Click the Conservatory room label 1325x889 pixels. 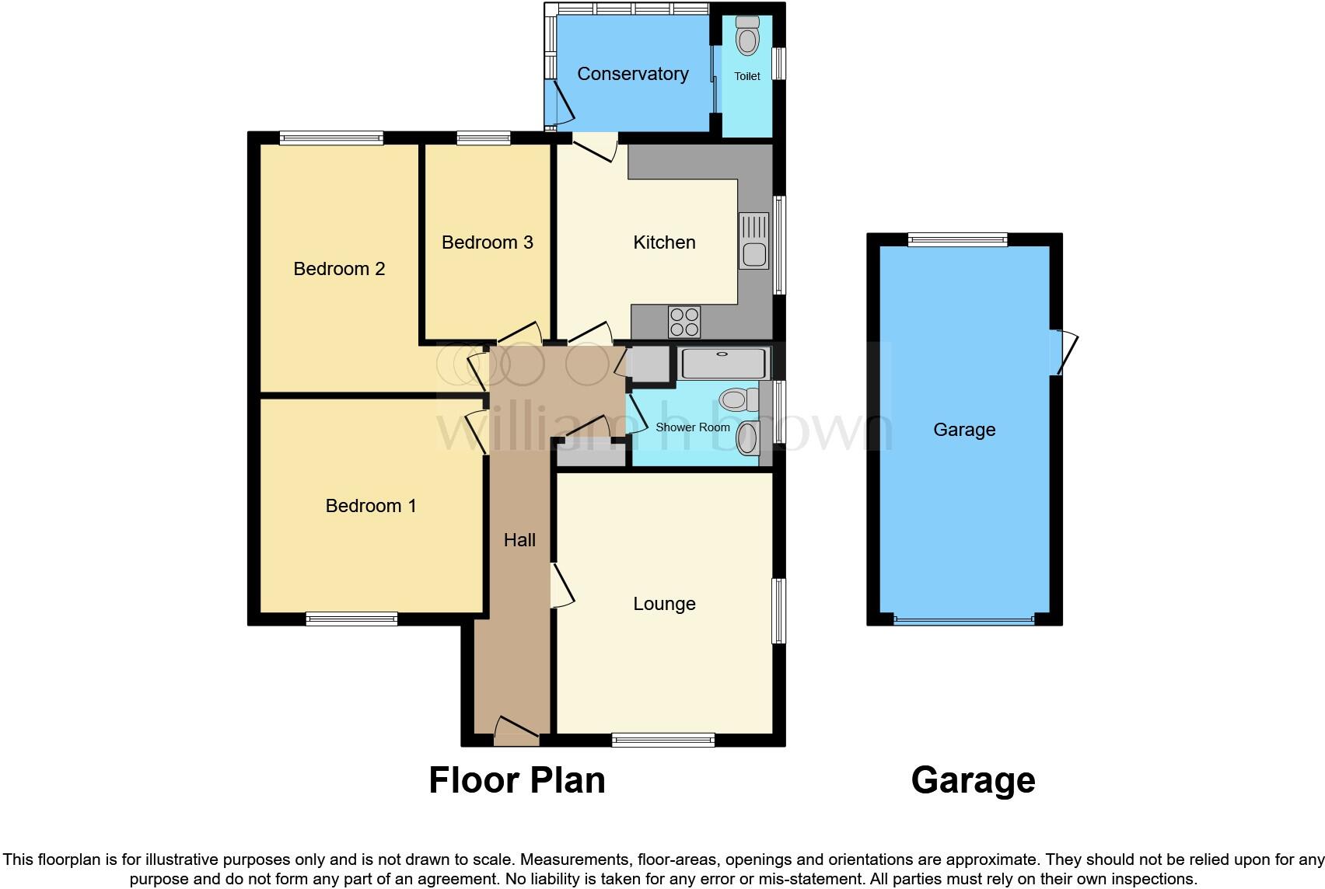tap(632, 74)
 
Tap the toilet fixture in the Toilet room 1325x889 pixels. tap(747, 36)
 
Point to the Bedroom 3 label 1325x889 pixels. tap(487, 242)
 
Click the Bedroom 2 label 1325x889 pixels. tap(339, 269)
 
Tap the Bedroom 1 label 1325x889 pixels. tap(371, 506)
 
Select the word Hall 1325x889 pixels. tap(519, 540)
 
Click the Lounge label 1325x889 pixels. tap(664, 604)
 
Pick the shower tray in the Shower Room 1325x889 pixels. tap(723, 363)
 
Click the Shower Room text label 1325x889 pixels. tap(693, 427)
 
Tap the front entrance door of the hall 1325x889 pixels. tap(516, 731)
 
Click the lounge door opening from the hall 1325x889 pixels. tap(561, 586)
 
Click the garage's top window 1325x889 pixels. tap(957, 239)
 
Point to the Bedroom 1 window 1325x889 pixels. tap(351, 619)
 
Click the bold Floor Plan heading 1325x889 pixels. tap(517, 779)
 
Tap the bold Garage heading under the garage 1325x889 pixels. tap(973, 779)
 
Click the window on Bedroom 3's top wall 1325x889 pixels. tap(484, 138)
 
